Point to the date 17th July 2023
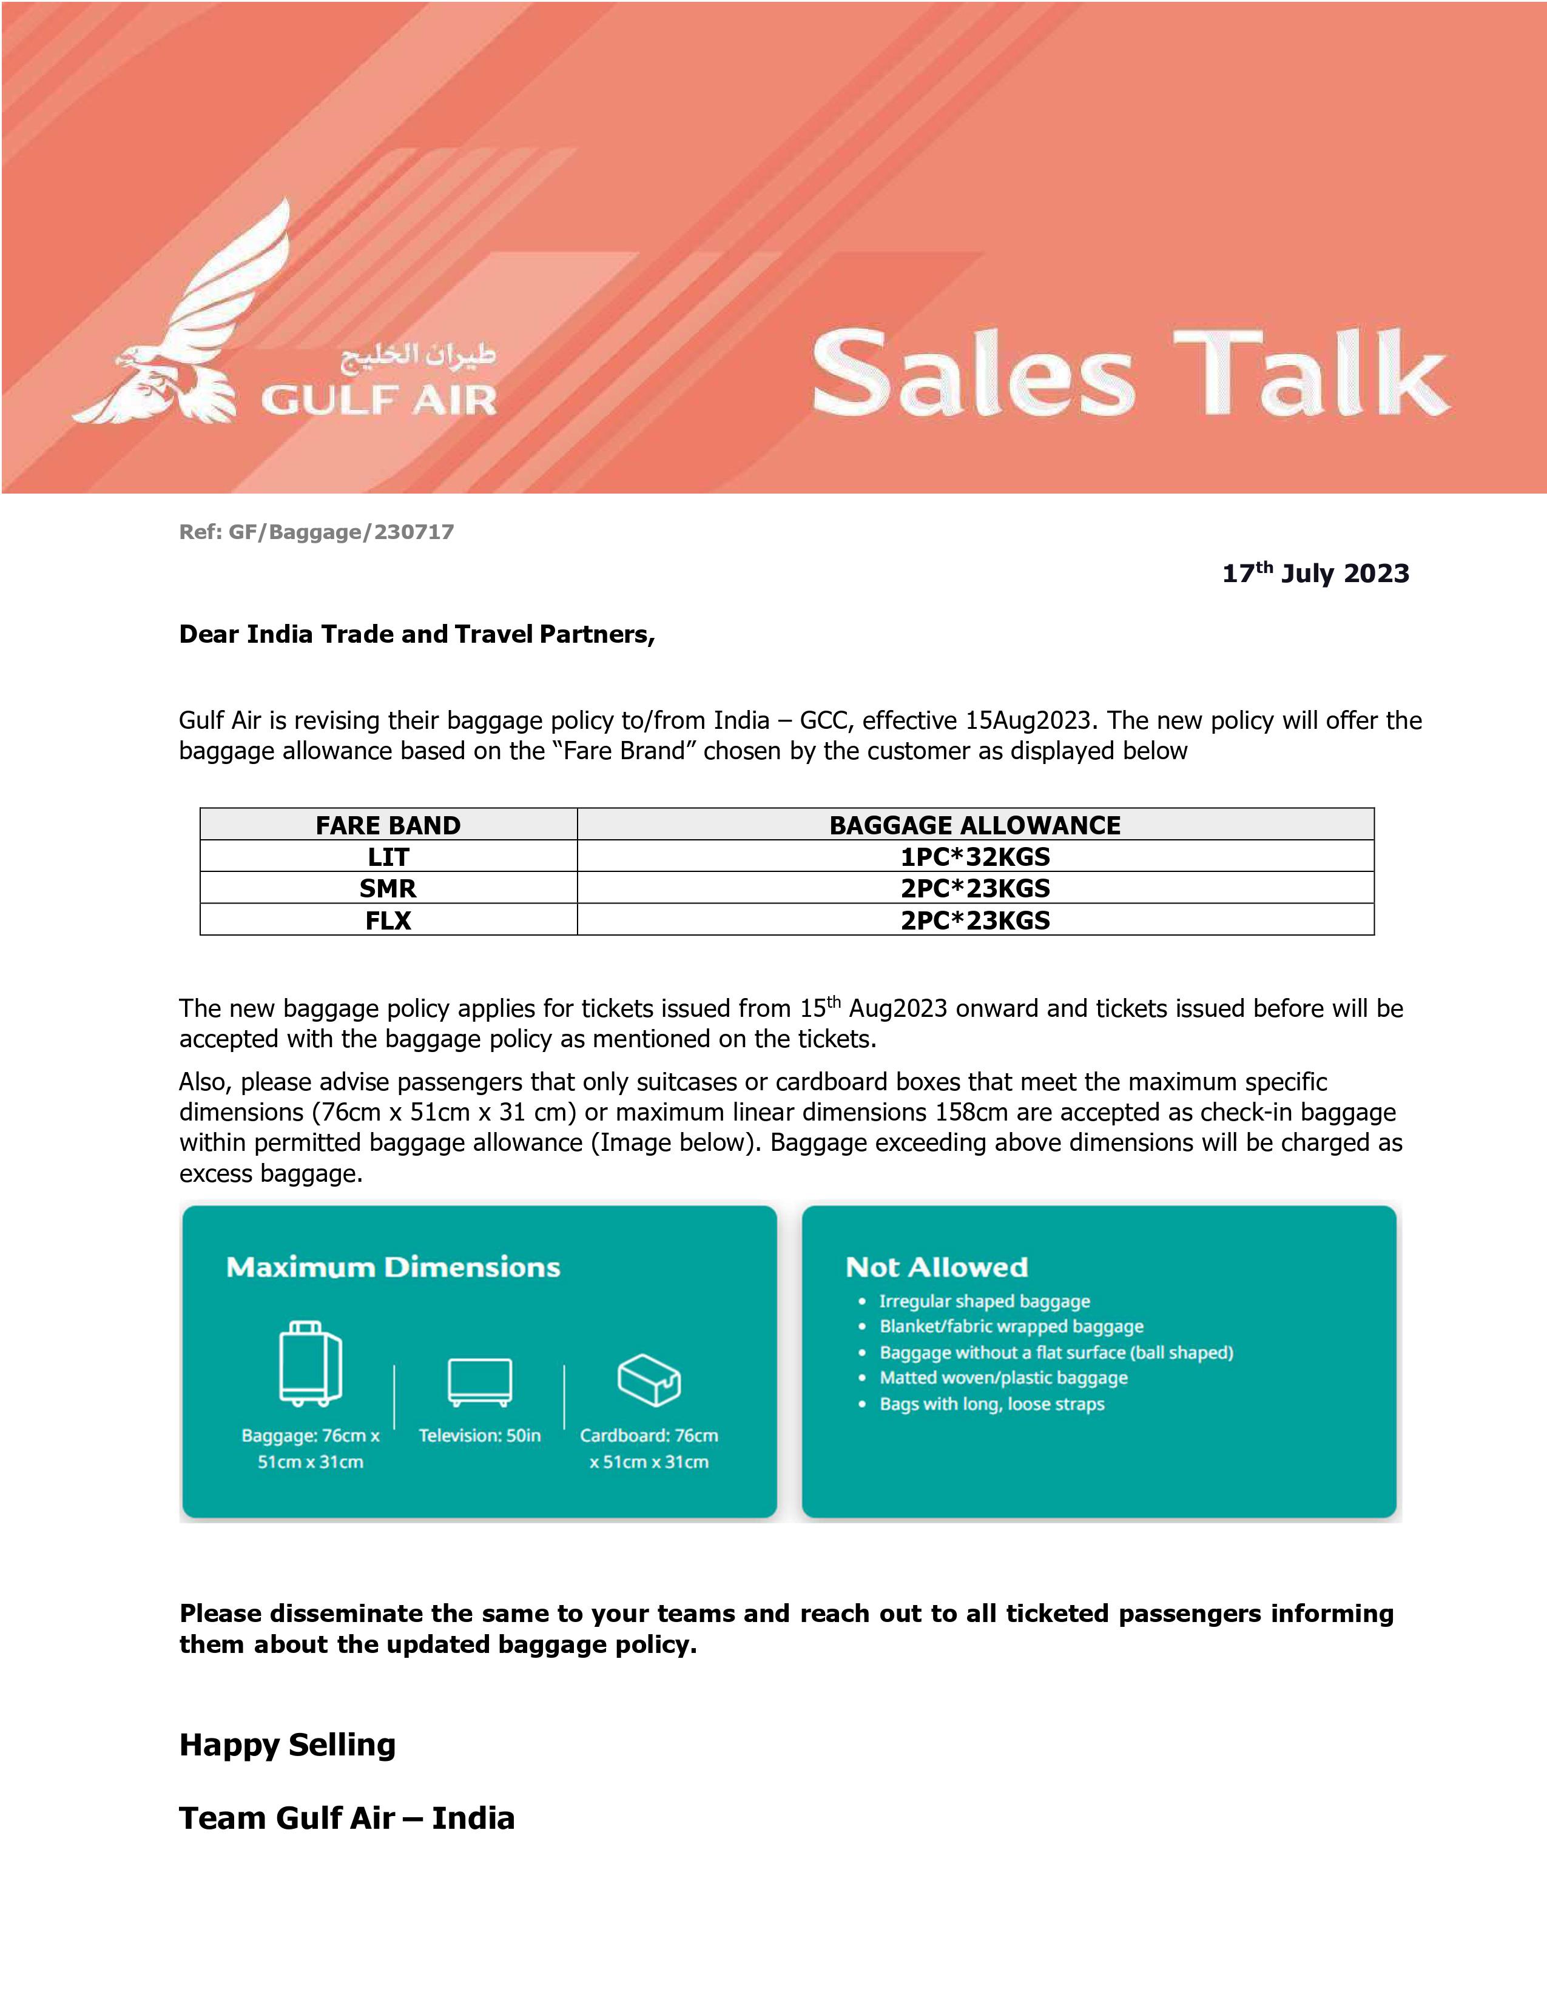tap(1315, 572)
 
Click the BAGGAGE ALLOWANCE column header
tap(974, 825)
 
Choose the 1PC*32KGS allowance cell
tap(974, 857)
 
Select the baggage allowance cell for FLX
tap(974, 920)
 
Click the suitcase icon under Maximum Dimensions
tap(310, 1363)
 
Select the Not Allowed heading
tap(937, 1267)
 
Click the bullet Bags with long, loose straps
tap(992, 1404)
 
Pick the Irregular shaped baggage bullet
tap(984, 1301)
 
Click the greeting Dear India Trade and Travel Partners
tap(417, 634)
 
